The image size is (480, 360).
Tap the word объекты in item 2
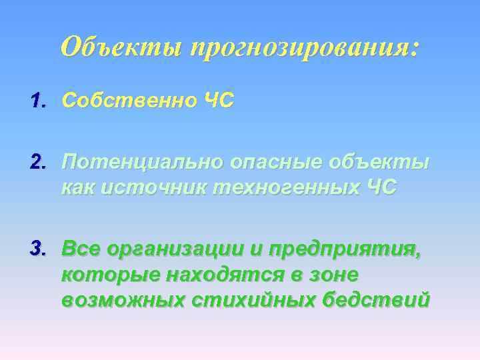381,163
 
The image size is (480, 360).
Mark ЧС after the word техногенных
381,187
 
